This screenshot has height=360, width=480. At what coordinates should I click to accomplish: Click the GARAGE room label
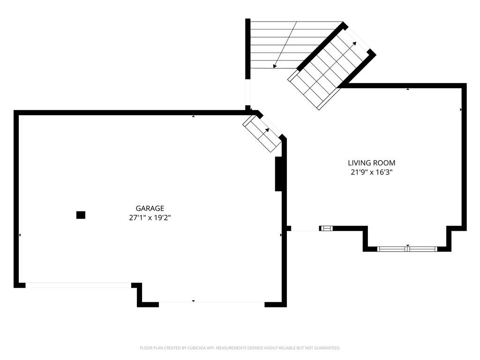click(x=150, y=209)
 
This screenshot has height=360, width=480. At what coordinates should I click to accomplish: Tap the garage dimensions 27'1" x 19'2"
click(x=150, y=218)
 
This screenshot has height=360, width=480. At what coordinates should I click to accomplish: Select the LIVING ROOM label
click(x=371, y=163)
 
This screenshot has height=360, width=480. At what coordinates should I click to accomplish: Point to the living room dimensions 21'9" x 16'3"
click(x=371, y=172)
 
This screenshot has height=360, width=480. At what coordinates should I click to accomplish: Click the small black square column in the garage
click(x=81, y=215)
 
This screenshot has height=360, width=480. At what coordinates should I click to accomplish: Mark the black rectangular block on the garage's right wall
click(x=278, y=174)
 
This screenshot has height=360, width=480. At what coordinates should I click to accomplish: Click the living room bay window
click(x=407, y=249)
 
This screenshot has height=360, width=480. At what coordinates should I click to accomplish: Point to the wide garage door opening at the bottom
click(x=211, y=302)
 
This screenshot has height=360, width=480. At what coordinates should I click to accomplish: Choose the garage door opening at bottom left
click(x=78, y=285)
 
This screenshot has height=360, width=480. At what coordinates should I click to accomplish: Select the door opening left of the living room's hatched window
click(x=305, y=229)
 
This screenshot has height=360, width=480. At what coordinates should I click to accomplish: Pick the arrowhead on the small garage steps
click(x=267, y=130)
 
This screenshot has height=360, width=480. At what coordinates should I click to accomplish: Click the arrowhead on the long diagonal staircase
click(x=354, y=44)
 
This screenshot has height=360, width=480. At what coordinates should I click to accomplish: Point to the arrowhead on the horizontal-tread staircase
click(x=275, y=66)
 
